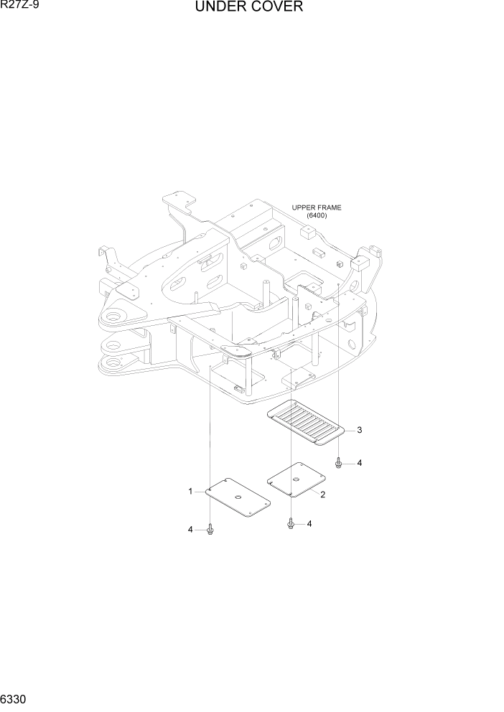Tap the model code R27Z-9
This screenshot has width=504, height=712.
click(20, 6)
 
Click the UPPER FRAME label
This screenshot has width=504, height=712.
click(317, 207)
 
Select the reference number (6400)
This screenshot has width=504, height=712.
click(317, 215)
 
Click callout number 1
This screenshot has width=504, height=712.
click(190, 492)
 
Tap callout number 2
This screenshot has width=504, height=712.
click(323, 495)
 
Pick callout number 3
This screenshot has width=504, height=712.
click(359, 431)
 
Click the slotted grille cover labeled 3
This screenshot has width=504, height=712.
click(304, 423)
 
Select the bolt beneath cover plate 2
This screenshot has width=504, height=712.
click(291, 524)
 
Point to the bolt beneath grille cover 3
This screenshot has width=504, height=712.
click(338, 463)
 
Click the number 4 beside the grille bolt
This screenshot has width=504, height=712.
click(359, 463)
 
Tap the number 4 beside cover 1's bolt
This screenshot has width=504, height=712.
click(190, 529)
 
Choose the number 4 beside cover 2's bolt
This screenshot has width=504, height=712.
click(309, 524)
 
